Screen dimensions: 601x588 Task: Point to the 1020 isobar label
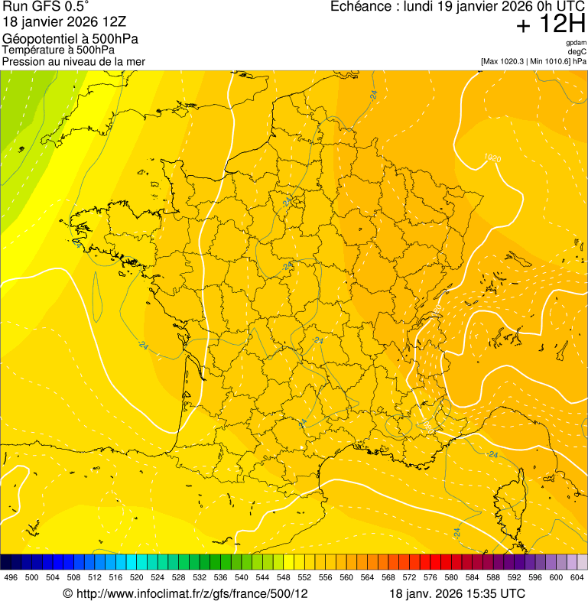pos(492,159)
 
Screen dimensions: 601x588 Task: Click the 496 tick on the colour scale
pos(11,577)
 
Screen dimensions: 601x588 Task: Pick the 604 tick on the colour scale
pos(577,577)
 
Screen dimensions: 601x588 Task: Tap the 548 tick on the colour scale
pos(282,577)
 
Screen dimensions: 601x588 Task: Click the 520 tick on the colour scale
pos(137,577)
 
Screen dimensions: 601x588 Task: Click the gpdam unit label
pos(577,43)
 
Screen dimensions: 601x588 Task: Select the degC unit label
pos(577,52)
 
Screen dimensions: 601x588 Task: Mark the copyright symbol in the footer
pos(67,593)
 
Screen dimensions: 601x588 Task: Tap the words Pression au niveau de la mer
pos(73,61)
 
